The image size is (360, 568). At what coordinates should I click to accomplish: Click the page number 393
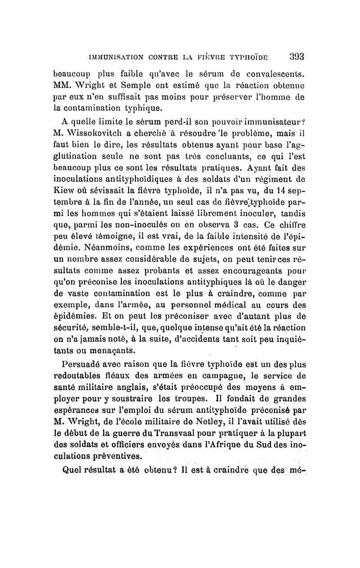tap(296, 57)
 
